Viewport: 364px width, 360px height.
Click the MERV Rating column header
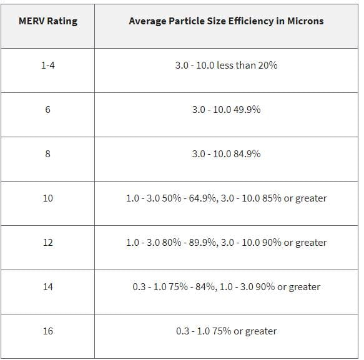click(48, 21)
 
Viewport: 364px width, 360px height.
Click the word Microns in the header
click(305, 21)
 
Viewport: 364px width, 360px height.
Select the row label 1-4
click(48, 65)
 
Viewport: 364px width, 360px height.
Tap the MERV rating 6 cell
click(47, 109)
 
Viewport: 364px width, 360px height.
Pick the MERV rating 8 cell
click(47, 153)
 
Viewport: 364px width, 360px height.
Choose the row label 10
click(48, 198)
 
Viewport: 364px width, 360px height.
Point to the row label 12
click(48, 243)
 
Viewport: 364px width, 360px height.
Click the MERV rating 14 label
click(48, 287)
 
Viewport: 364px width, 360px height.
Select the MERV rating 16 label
click(48, 331)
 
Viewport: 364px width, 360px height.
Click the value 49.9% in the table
click(247, 109)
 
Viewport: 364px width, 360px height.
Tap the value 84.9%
click(247, 153)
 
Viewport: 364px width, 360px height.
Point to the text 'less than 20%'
click(247, 65)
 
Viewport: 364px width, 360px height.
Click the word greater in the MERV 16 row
click(261, 331)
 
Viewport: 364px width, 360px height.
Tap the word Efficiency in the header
click(251, 21)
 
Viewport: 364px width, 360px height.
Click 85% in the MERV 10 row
click(272, 198)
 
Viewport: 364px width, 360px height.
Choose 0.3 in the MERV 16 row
click(182, 331)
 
